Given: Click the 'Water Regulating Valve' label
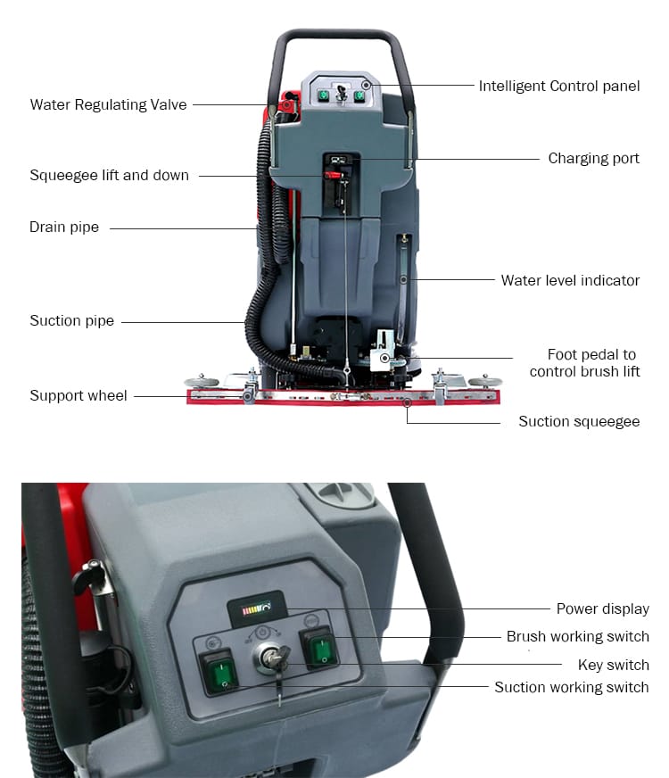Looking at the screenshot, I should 108,104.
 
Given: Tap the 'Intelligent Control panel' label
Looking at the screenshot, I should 559,87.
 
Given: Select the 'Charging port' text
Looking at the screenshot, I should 593,158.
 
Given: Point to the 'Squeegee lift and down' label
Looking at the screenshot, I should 109,175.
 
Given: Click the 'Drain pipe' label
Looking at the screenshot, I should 64,228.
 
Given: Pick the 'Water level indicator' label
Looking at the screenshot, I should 570,280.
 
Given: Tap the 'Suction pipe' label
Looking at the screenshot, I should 71,320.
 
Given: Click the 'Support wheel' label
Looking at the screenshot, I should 78,395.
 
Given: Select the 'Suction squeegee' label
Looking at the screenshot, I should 579,421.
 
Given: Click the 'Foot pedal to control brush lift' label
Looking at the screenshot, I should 584,363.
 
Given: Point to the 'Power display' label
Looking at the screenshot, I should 602,608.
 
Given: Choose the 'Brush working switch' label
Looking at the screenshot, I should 577,636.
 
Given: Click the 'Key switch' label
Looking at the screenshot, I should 614,665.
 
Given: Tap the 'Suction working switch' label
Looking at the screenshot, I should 571,687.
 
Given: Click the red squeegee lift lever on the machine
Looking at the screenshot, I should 333,176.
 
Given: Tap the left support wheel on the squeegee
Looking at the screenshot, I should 205,381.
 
